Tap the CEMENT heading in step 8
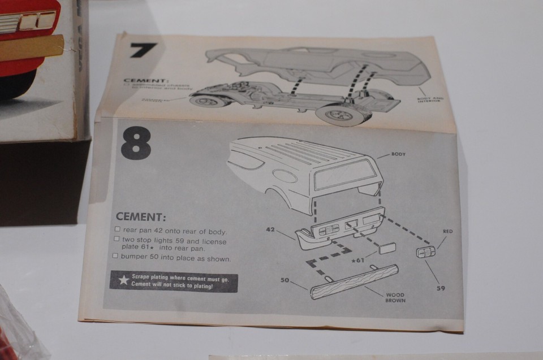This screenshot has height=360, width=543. pos(140,217)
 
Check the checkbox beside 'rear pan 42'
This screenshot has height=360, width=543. pos(117,230)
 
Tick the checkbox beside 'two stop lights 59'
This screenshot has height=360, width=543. pos(117,240)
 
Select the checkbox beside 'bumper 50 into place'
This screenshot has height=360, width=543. pos(116,257)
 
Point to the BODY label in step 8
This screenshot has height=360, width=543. pos(398,154)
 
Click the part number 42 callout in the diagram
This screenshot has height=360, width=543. pos(271,230)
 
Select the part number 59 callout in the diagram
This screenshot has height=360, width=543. pos(441,288)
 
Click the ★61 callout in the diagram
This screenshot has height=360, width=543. pos(357,260)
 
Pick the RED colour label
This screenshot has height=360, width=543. pos(448,231)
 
